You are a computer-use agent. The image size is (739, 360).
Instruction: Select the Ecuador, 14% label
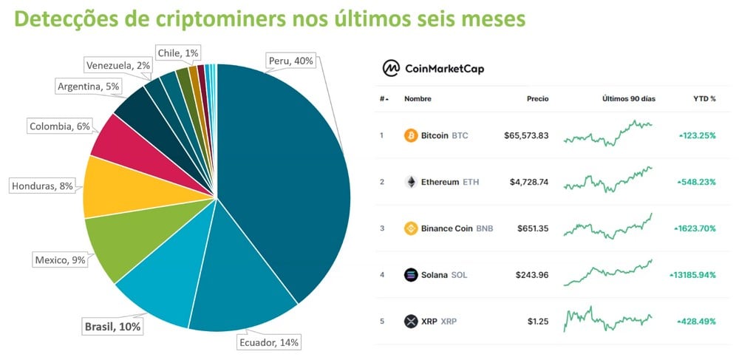(269, 342)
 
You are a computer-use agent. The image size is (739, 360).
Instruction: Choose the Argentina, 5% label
(89, 86)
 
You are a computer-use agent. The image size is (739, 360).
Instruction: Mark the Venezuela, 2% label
(118, 65)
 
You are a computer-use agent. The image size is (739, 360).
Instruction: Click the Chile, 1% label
(177, 52)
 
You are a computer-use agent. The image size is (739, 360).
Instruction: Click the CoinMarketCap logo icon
(390, 68)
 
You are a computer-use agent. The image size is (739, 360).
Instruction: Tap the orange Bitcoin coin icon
(411, 135)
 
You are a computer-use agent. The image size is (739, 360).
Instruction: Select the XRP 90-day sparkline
(607, 320)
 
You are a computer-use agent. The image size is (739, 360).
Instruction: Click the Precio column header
(537, 99)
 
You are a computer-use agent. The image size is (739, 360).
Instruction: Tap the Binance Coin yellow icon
(411, 228)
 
